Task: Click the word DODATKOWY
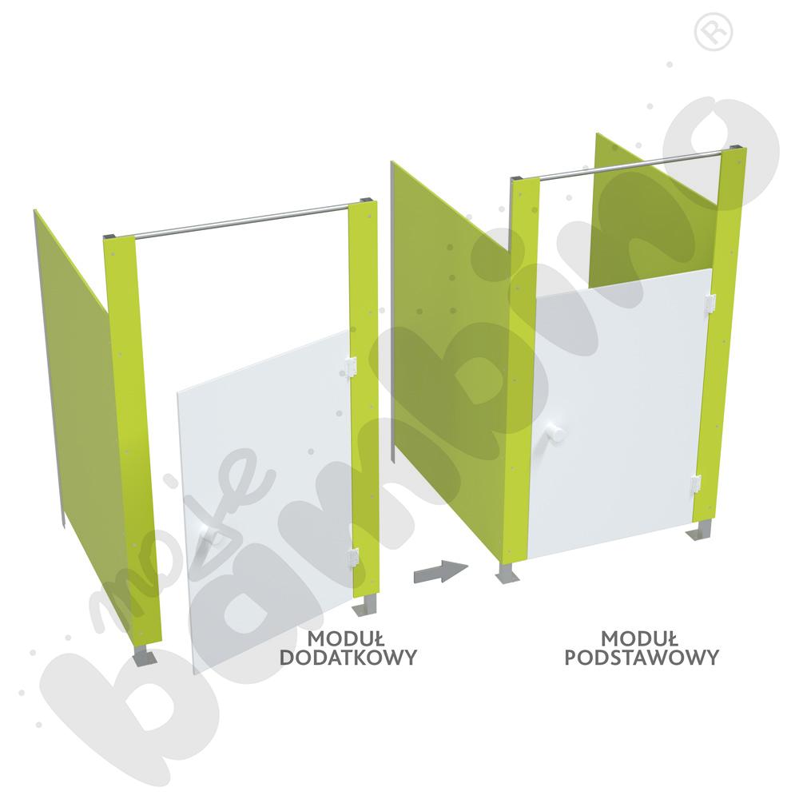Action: coord(348,657)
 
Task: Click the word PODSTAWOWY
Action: coord(642,657)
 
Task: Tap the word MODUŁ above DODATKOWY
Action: coord(346,638)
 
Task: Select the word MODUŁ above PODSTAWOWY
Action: coord(639,638)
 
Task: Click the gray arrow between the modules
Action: coord(441,571)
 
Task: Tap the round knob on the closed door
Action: coord(555,435)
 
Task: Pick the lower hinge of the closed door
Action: coord(696,483)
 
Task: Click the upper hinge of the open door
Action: coord(350,367)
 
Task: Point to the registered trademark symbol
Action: coord(714,32)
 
